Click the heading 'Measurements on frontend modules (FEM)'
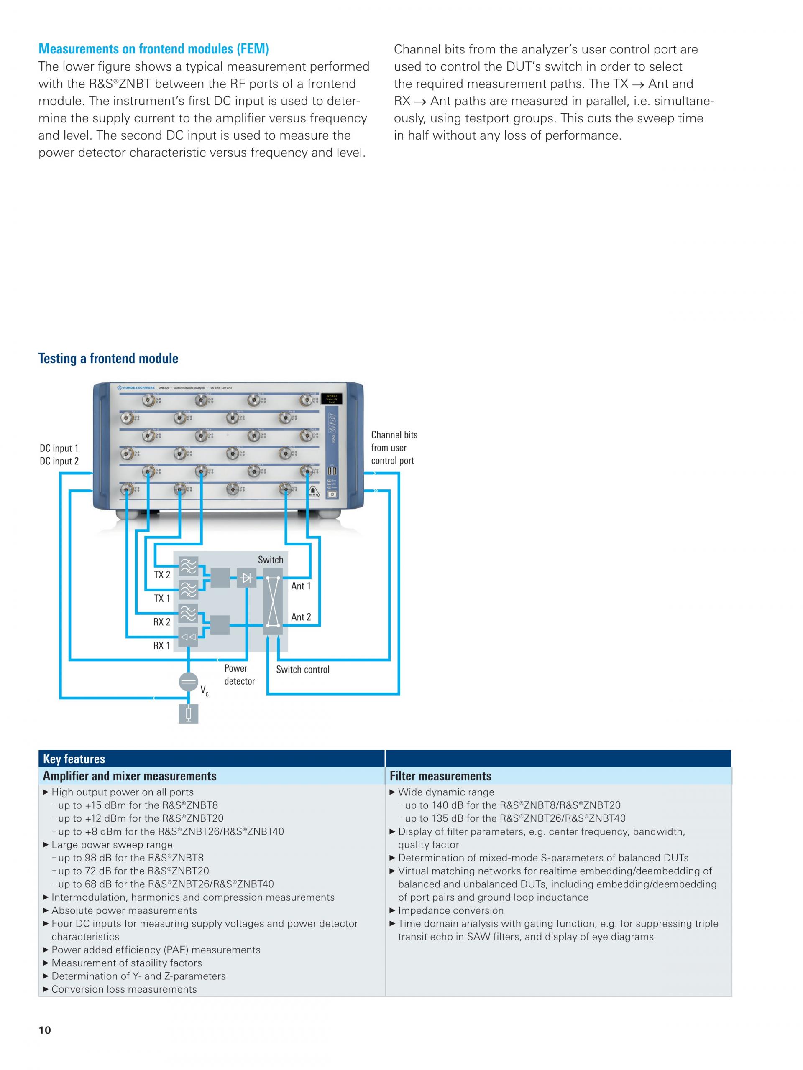153,49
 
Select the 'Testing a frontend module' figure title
108,359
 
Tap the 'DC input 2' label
59,461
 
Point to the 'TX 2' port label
162,575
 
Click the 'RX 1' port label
162,645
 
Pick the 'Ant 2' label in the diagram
301,617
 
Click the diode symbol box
246,578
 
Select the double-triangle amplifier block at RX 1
188,637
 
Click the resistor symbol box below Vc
188,713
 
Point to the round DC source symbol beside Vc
188,682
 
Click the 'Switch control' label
302,670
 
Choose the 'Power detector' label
239,674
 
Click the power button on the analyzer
332,494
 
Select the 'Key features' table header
74,759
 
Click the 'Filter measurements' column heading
440,776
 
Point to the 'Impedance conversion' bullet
450,910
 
